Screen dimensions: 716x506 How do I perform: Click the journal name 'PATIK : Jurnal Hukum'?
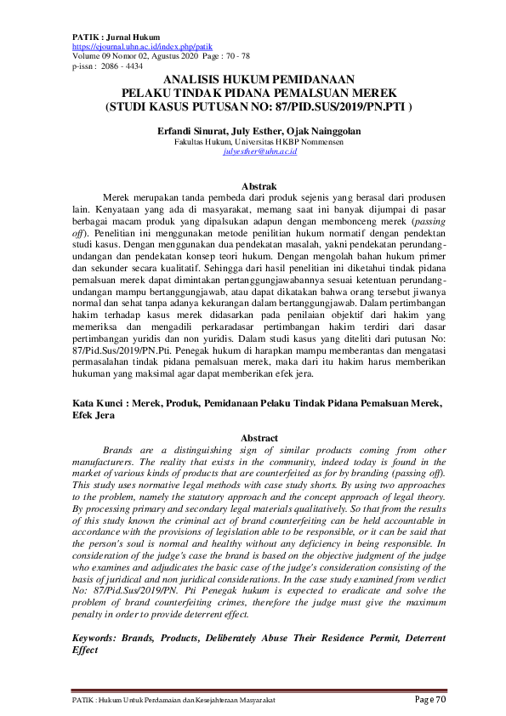(105, 38)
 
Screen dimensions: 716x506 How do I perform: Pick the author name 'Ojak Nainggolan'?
(320, 132)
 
